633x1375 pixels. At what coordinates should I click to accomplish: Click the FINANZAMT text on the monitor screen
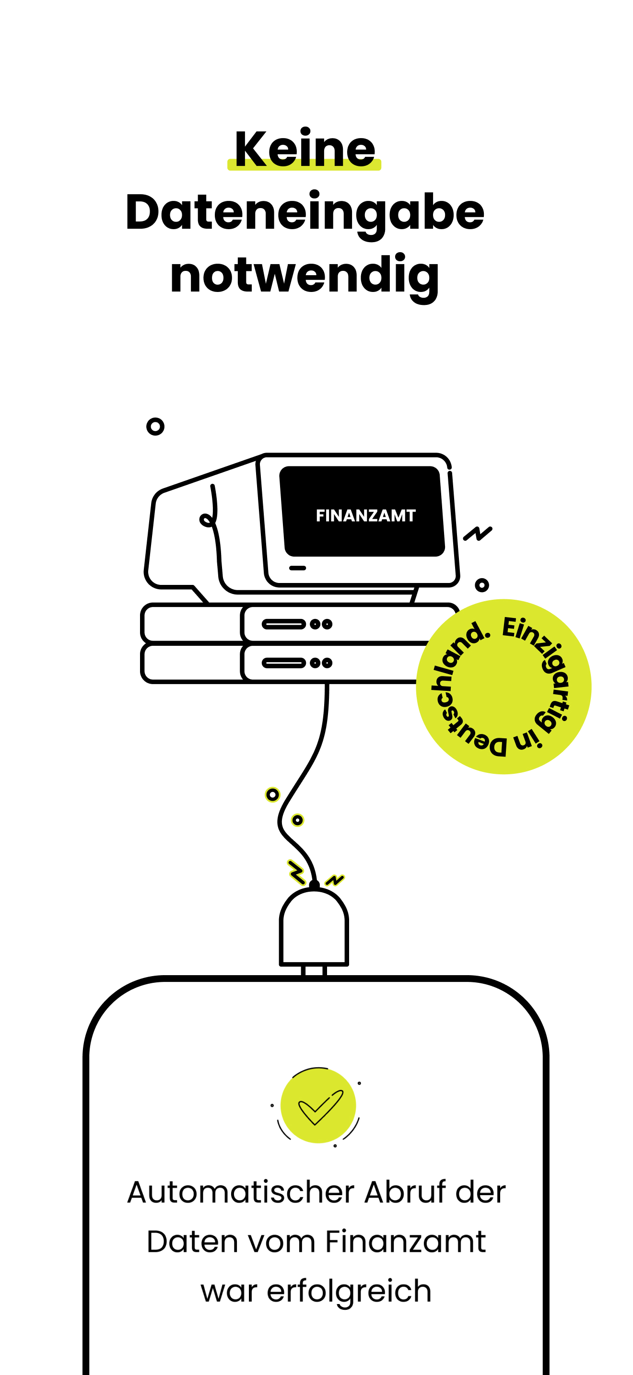click(x=365, y=516)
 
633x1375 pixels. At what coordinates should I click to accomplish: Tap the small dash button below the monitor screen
click(x=297, y=568)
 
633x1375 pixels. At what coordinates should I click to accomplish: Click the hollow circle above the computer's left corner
click(x=155, y=427)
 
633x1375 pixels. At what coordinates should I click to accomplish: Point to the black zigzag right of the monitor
click(x=478, y=533)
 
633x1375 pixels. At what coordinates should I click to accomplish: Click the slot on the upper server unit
click(x=284, y=624)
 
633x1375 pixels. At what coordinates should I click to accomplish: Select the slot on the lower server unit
click(x=284, y=663)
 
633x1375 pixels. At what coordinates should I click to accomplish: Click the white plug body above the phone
click(x=314, y=928)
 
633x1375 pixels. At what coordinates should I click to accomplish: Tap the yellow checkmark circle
click(x=318, y=1106)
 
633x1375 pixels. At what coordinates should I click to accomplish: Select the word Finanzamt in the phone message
click(x=406, y=1242)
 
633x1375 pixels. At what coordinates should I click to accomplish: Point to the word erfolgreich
click(x=349, y=1292)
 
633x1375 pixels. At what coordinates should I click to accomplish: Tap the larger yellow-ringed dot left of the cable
click(x=272, y=795)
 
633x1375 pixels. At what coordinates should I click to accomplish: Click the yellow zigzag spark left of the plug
click(x=296, y=872)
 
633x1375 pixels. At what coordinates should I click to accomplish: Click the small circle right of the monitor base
click(x=482, y=585)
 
